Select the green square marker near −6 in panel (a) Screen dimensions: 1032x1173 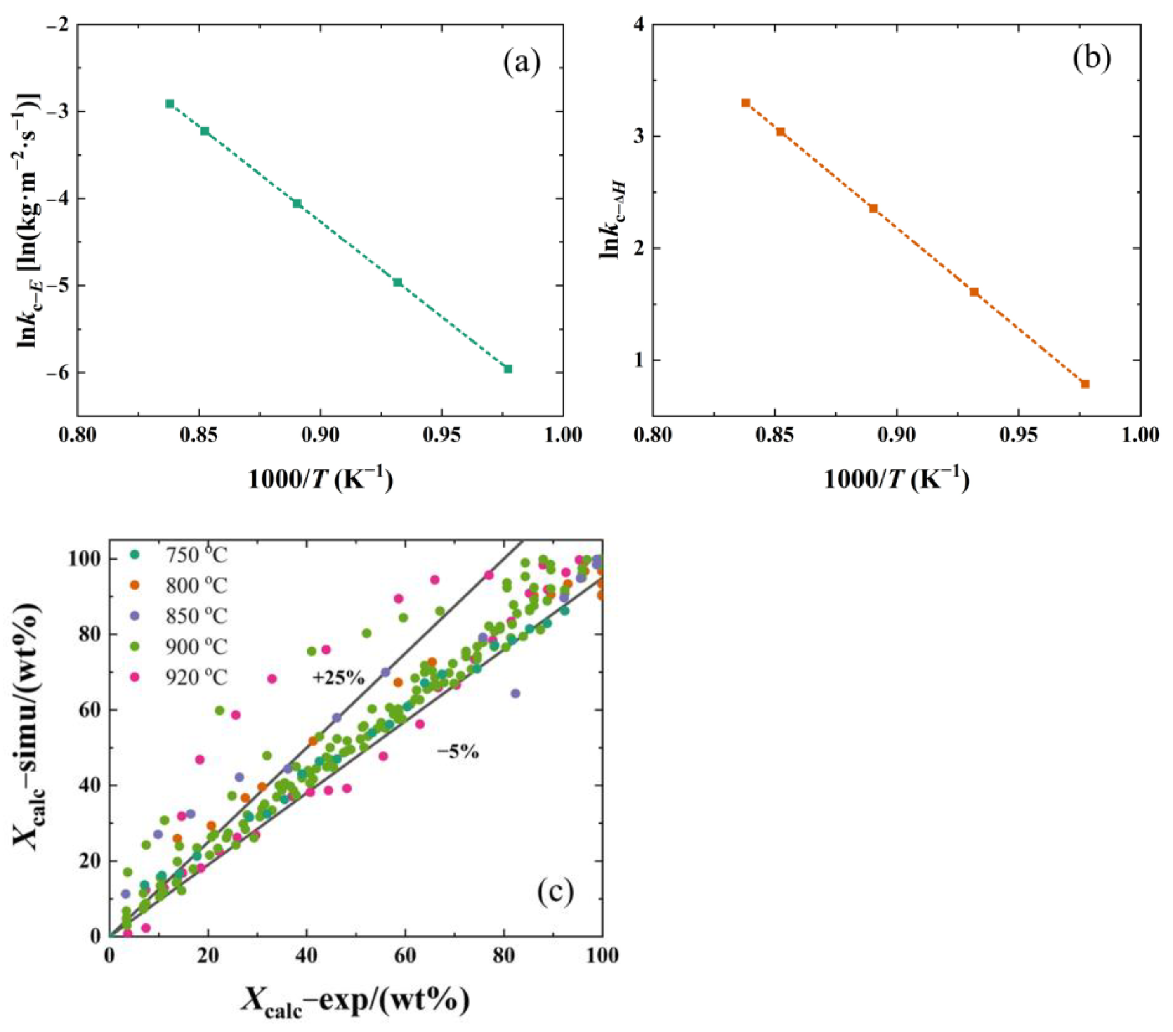(x=508, y=369)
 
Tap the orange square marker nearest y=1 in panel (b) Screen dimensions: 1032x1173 (x=1085, y=384)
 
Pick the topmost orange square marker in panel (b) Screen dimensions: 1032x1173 (x=746, y=103)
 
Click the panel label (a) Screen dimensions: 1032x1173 (x=522, y=64)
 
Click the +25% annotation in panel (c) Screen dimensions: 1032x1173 (x=339, y=678)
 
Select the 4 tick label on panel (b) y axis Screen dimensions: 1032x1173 (x=639, y=25)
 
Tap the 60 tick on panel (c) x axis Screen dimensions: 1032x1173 (x=405, y=956)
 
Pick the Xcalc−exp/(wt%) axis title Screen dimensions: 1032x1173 (x=355, y=1000)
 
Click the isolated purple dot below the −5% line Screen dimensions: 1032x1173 (x=515, y=693)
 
